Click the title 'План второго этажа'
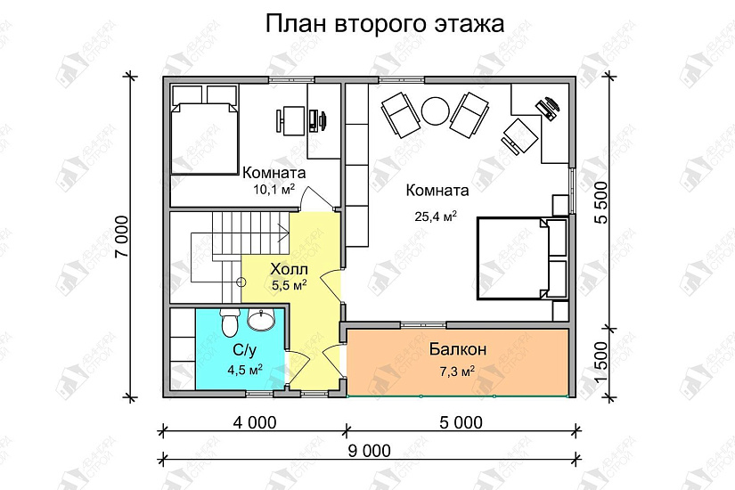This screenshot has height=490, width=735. pyautogui.click(x=385, y=24)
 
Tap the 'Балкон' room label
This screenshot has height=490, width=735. pyautogui.click(x=456, y=348)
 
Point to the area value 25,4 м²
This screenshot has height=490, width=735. pyautogui.click(x=435, y=216)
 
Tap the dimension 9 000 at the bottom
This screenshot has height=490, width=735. pyautogui.click(x=366, y=451)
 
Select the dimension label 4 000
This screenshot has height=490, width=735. pyautogui.click(x=253, y=421)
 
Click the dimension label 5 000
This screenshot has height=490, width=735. pyautogui.click(x=461, y=421)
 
